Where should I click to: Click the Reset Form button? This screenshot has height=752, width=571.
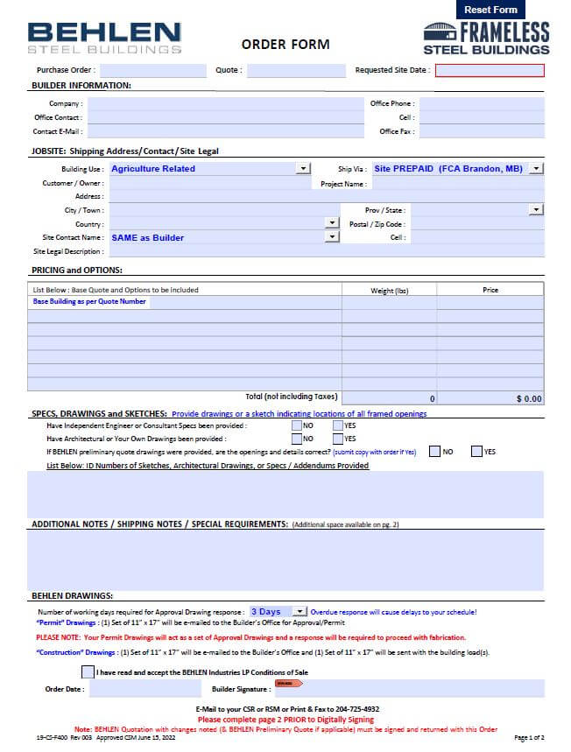pos(490,10)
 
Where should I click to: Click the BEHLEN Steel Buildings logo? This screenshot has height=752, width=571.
pos(104,39)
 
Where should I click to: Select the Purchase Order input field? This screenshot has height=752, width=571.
pos(152,71)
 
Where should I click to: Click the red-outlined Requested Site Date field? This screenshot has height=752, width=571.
pos(490,71)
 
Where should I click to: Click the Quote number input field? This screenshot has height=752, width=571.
pos(296,71)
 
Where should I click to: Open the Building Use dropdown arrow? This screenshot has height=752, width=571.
pos(303,169)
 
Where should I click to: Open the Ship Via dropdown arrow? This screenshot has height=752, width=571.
pos(536,169)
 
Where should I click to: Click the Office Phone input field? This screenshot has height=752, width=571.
pos(481,103)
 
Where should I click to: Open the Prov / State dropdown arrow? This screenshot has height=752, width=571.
pos(536,210)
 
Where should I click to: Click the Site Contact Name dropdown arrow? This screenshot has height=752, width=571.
pos(332,237)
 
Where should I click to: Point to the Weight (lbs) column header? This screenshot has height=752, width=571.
pos(389,290)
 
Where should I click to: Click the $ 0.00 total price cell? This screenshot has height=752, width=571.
pos(490,398)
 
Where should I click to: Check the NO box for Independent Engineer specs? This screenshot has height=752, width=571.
pos(296,425)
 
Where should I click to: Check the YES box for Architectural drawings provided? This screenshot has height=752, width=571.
pos(337,439)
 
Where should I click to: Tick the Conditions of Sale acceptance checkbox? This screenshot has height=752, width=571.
pos(87,672)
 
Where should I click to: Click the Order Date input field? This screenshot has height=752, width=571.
pos(132,689)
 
